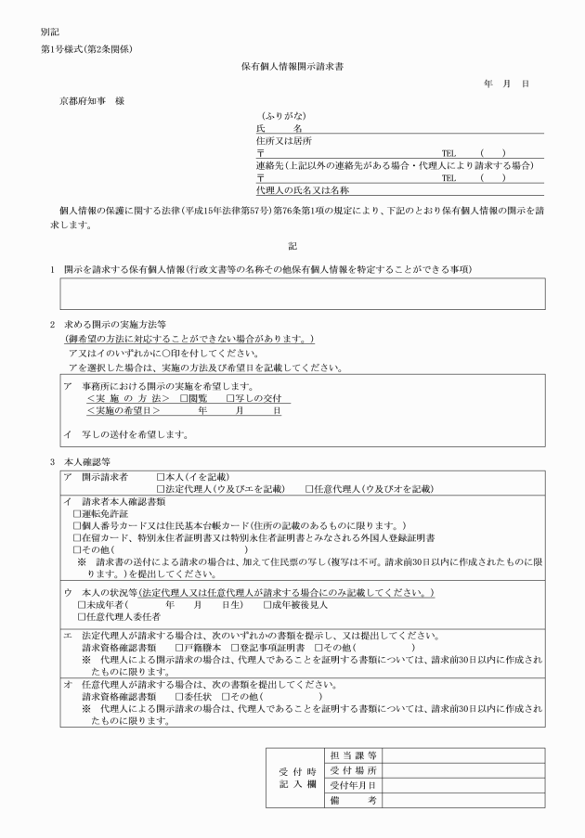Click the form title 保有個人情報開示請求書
click(292, 68)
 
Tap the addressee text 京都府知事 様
click(92, 99)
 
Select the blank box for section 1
click(302, 293)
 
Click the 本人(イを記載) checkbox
click(162, 475)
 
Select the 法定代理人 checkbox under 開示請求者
click(162, 487)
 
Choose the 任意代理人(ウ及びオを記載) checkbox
click(309, 487)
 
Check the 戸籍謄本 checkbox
click(179, 647)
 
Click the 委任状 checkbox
click(179, 695)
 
